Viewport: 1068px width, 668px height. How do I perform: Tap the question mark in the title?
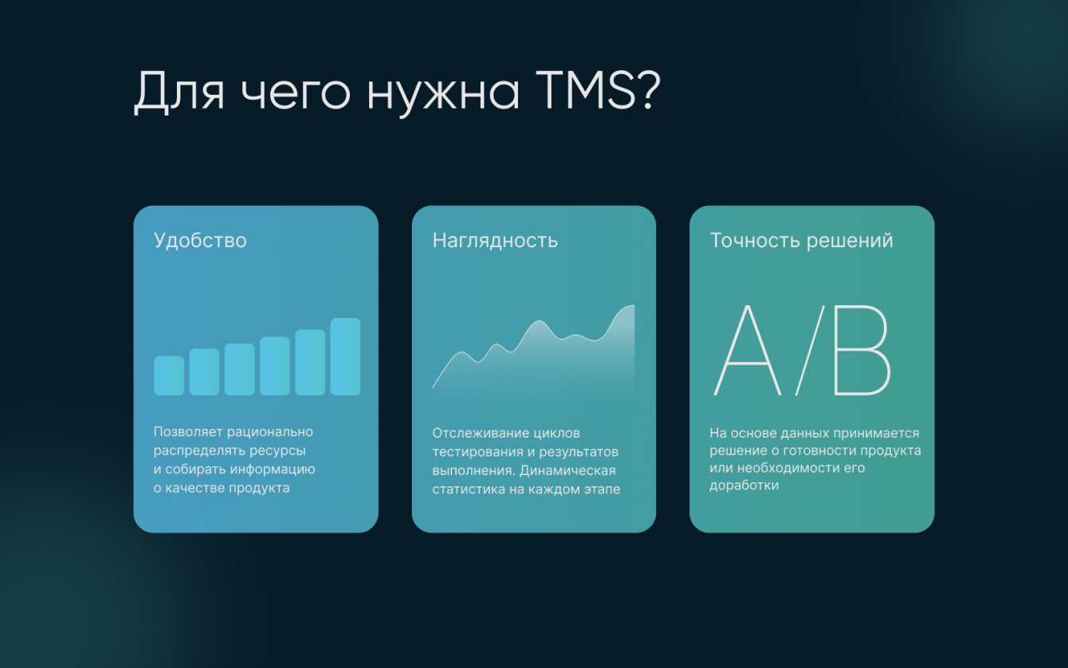point(649,91)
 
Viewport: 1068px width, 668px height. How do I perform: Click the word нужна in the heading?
point(443,96)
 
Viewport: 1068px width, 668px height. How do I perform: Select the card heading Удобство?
point(200,240)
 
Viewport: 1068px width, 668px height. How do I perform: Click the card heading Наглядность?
point(495,241)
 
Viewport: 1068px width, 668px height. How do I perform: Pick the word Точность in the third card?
point(756,240)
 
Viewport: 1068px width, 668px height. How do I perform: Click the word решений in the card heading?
point(850,242)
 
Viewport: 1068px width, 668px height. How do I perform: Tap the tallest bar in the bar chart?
point(345,356)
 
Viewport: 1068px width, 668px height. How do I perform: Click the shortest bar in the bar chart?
point(169,375)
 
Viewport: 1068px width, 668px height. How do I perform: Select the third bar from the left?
point(239,370)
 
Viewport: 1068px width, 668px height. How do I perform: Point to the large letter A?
point(747,351)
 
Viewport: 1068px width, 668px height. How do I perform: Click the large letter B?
point(862,351)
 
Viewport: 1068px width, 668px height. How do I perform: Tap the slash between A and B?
point(810,351)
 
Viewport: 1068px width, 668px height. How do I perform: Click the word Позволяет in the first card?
point(188,432)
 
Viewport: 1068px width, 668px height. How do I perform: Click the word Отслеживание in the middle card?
point(480,434)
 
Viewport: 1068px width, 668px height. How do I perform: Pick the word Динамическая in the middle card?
point(567,471)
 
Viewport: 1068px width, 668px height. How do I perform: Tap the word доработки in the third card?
point(744,485)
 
